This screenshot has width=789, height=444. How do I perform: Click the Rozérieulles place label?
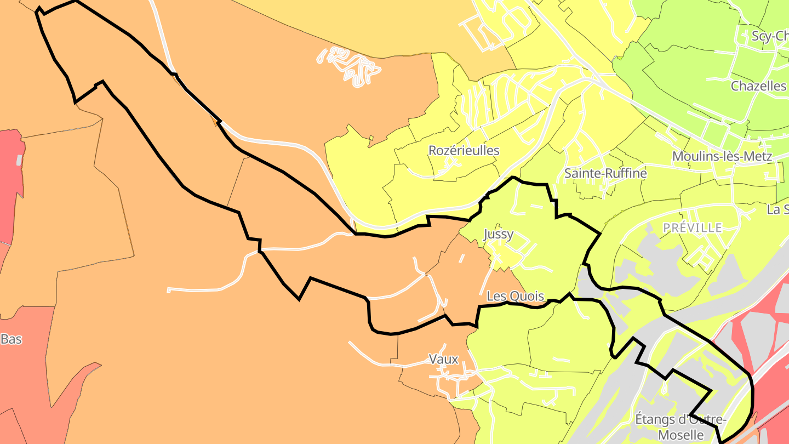pyautogui.click(x=464, y=150)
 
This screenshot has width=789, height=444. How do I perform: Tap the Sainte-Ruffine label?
pyautogui.click(x=605, y=173)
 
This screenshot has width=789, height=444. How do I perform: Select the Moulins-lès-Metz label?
pyautogui.click(x=722, y=156)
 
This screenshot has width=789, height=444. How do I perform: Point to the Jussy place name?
pyautogui.click(x=499, y=234)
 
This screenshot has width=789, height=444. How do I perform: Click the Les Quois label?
pyautogui.click(x=515, y=297)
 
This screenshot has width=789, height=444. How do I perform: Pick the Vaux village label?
pyautogui.click(x=443, y=359)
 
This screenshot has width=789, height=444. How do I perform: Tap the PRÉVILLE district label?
pyautogui.click(x=693, y=227)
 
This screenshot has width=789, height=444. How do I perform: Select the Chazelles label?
pyautogui.click(x=758, y=86)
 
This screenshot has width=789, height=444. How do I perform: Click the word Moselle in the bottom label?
pyautogui.click(x=681, y=435)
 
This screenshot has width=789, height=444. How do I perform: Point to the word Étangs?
pyautogui.click(x=655, y=419)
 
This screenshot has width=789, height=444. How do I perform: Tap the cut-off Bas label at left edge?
pyautogui.click(x=11, y=339)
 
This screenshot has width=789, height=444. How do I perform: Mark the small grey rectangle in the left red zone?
pyautogui.click(x=19, y=160)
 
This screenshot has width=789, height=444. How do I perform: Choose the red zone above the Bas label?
pyautogui.click(x=10, y=186)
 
